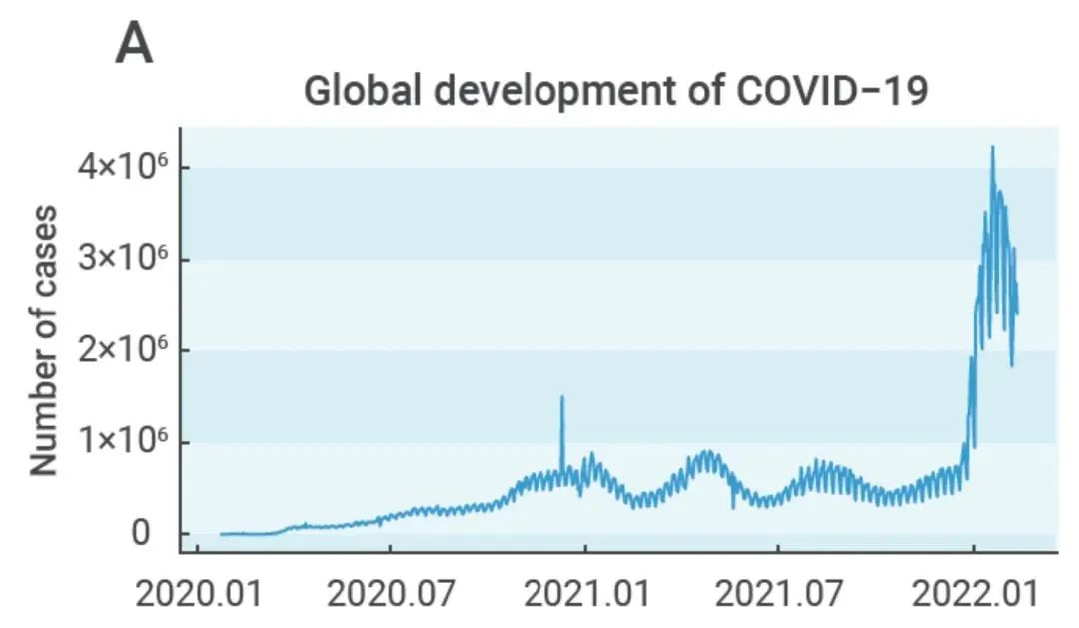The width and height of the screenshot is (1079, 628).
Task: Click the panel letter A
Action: [135, 45]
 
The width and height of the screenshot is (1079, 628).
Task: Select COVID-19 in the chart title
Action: [833, 92]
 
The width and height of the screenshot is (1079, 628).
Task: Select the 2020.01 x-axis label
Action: [197, 595]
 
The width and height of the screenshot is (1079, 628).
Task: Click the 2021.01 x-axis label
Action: [587, 595]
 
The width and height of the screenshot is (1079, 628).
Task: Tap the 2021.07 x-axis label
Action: [778, 595]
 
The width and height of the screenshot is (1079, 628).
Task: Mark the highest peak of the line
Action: [992, 148]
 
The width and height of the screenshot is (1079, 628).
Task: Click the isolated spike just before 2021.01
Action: [561, 398]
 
